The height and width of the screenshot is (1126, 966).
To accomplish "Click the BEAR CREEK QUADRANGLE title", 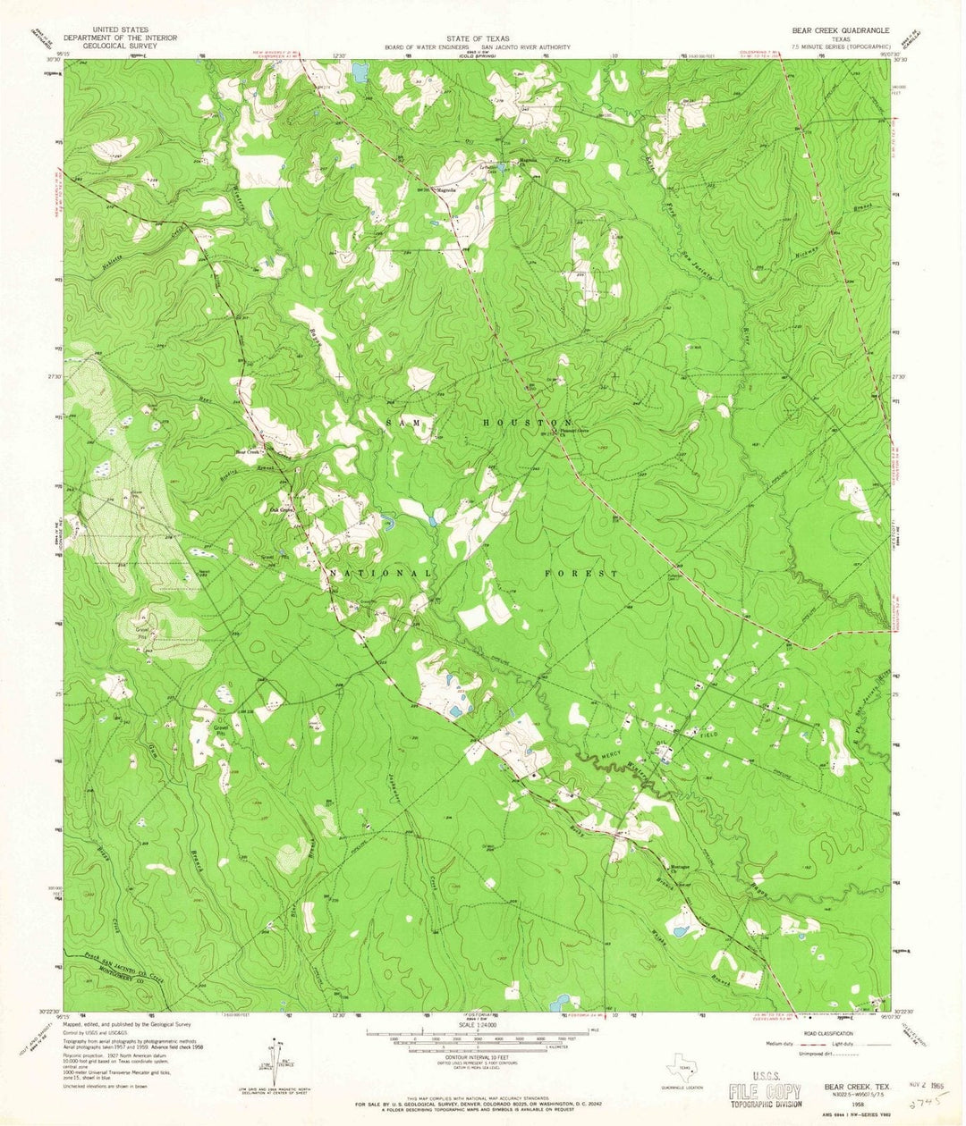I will pos(835,29).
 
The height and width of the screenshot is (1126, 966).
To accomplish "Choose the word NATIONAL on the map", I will pos(380,572).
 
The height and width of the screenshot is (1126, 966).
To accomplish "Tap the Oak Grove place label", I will pos(282,510).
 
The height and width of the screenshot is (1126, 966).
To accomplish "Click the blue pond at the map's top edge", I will pos(360,71).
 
